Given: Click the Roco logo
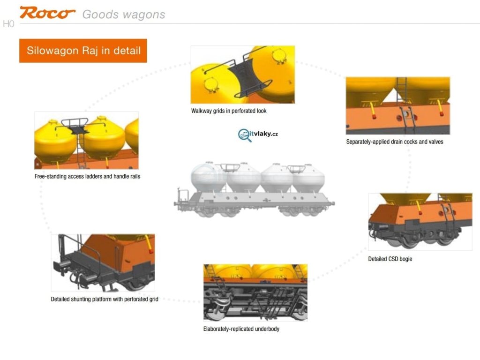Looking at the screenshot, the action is tap(47, 13).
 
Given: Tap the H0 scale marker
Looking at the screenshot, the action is tap(8, 24).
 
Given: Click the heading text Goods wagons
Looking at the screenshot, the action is tap(124, 15).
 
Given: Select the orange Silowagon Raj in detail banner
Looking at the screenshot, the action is tap(83, 51).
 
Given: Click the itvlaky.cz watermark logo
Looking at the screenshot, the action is tap(258, 135).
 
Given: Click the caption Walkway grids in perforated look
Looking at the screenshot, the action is tap(229, 111).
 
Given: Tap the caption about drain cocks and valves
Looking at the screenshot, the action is tap(394, 142).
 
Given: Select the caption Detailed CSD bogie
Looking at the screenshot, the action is tap(390, 259).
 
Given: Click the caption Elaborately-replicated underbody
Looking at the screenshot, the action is tap(241, 329).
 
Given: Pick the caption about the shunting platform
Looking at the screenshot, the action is tap(104, 299).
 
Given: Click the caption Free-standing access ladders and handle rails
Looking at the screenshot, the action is tap(87, 177).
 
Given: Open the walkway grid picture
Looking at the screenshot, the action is tap(242, 75).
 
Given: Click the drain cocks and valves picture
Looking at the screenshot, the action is tap(397, 105).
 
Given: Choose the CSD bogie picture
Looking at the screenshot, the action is tap(420, 221).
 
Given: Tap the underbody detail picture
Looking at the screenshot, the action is tap(255, 292).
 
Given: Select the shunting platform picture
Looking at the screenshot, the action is tap(103, 262).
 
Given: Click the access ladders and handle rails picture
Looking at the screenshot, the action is tap(86, 140).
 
